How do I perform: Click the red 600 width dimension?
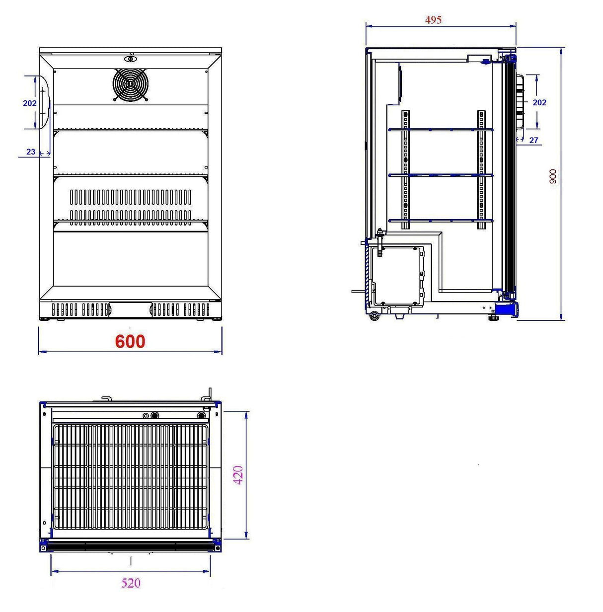[130, 341]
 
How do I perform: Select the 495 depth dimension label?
[433, 20]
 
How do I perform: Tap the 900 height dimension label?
[553, 176]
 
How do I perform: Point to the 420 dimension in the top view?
[238, 475]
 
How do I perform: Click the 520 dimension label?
[131, 583]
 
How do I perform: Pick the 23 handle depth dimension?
[31, 152]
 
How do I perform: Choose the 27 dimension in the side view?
[533, 140]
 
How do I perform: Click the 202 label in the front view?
[30, 103]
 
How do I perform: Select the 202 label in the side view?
[539, 102]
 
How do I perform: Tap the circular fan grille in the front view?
[131, 85]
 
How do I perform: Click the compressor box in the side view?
[397, 276]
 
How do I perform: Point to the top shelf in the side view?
[440, 130]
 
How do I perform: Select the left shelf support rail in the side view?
[406, 169]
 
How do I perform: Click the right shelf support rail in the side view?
[481, 169]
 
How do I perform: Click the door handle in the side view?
[520, 102]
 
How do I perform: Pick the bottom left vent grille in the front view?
[80, 309]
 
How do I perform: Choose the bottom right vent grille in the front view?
[180, 309]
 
